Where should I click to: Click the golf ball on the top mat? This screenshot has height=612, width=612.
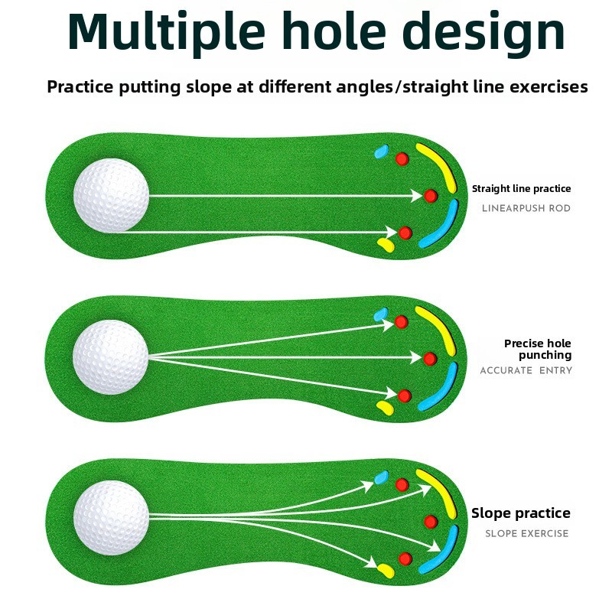pyautogui.click(x=111, y=196)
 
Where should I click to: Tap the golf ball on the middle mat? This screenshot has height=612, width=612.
pyautogui.click(x=111, y=357)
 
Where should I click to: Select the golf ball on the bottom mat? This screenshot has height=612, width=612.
pyautogui.click(x=111, y=518)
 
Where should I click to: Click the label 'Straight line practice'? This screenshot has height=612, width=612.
pyautogui.click(x=521, y=189)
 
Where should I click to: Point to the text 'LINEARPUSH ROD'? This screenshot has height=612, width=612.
pyautogui.click(x=526, y=208)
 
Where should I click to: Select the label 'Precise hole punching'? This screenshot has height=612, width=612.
pyautogui.click(x=537, y=350)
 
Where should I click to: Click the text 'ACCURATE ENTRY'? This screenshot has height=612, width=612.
pyautogui.click(x=526, y=371)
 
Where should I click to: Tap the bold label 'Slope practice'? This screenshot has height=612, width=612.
pyautogui.click(x=521, y=513)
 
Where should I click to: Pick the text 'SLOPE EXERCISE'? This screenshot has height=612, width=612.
pyautogui.click(x=527, y=533)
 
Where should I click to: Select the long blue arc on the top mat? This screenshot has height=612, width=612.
pyautogui.click(x=439, y=227)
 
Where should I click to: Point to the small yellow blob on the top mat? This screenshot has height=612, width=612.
pyautogui.click(x=386, y=245)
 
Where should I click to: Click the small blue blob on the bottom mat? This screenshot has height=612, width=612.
pyautogui.click(x=381, y=480)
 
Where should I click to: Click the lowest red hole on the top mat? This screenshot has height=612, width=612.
pyautogui.click(x=405, y=233)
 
